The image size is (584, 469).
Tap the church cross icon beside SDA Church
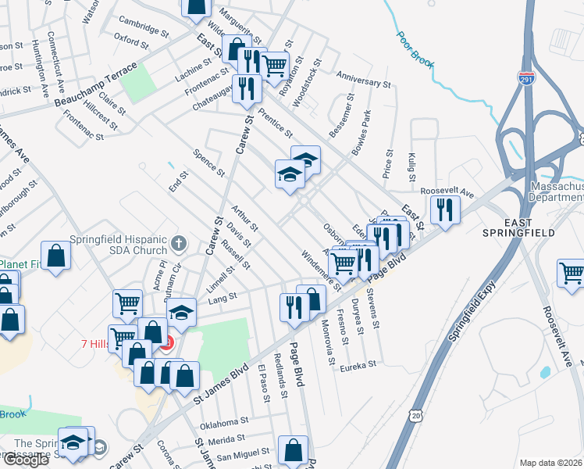(179, 243)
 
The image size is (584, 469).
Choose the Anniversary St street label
(363, 78)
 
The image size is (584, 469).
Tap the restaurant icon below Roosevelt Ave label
(445, 210)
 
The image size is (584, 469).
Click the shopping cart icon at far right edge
(572, 274)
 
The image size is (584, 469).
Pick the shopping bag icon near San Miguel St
(293, 449)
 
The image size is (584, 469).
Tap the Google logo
(25, 460)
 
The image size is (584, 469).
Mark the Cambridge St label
(142, 23)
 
